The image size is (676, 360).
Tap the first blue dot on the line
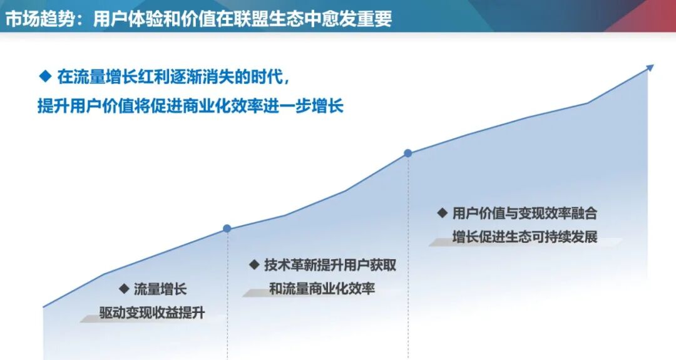click(227, 229)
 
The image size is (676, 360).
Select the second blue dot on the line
click(408, 153)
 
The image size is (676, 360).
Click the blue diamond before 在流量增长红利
click(44, 76)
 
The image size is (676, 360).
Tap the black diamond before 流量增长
click(123, 289)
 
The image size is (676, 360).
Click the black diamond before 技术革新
click(254, 264)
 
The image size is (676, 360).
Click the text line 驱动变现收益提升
click(151, 312)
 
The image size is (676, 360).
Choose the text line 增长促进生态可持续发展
click(525, 237)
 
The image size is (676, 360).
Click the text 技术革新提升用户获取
click(330, 265)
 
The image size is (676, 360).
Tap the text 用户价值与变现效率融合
click(525, 213)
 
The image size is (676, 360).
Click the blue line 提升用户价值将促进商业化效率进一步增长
click(191, 106)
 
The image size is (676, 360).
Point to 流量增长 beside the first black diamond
click(160, 289)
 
